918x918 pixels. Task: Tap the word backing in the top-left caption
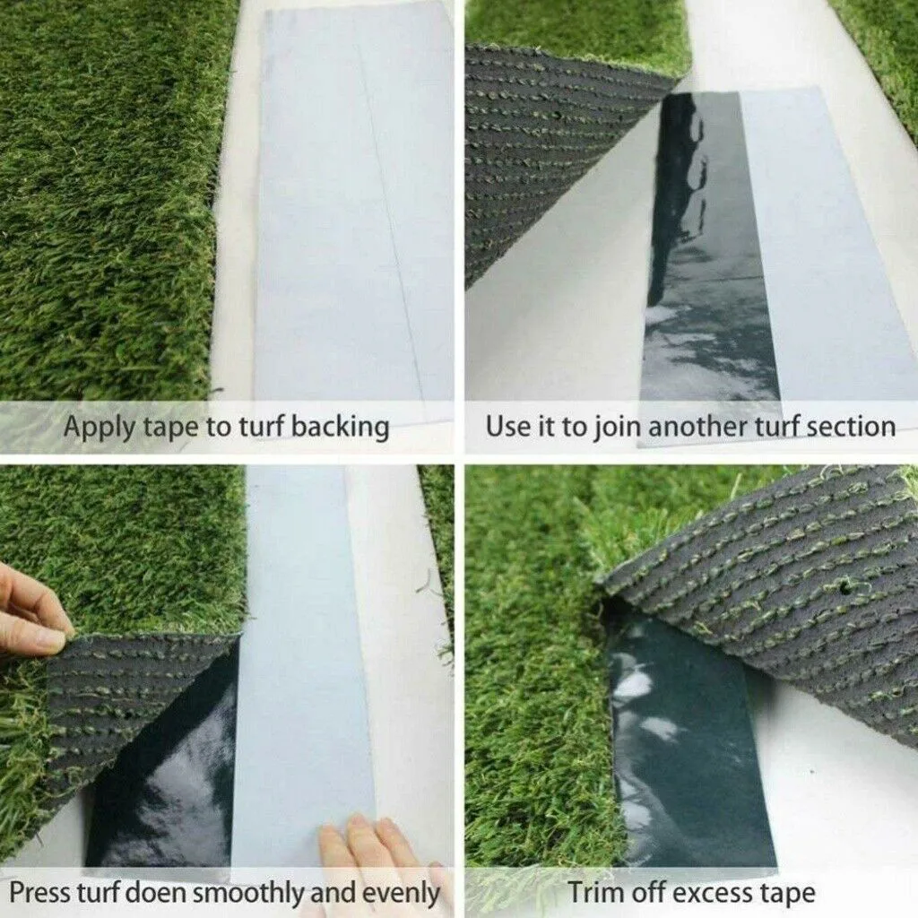coord(340,428)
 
